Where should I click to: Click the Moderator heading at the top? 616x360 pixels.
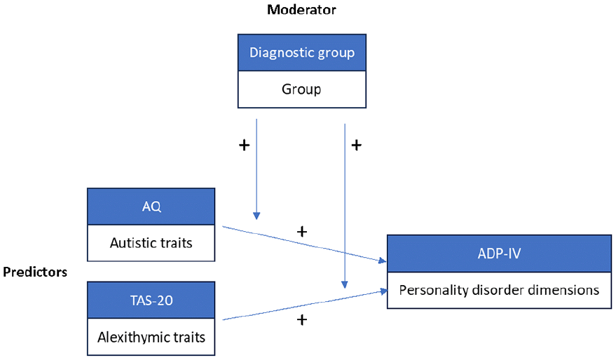[x=301, y=9]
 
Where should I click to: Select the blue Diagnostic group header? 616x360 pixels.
[x=302, y=53]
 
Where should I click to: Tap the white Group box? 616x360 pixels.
[x=302, y=90]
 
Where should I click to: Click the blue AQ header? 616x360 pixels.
[x=151, y=207]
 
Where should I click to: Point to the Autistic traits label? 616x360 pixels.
[x=151, y=243]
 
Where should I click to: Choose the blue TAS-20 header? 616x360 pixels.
[x=151, y=300]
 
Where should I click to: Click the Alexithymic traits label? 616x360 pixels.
[x=151, y=337]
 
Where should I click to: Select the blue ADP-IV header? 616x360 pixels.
[x=500, y=254]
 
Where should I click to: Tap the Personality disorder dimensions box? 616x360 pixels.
[x=500, y=290]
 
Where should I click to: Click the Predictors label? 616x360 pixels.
[x=35, y=272]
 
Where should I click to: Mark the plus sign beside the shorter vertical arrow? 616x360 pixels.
[x=245, y=145]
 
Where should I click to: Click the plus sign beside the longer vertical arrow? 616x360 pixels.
[x=356, y=145]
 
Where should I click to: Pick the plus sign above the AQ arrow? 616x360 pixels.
[x=302, y=232]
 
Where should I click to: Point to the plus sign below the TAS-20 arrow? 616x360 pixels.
[x=302, y=320]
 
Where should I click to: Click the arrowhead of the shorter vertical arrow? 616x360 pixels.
[x=256, y=216]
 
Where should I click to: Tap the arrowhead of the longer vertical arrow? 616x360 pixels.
[x=345, y=285]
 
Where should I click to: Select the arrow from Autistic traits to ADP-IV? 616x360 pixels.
[x=304, y=244]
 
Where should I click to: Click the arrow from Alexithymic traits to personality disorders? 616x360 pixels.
[x=305, y=305]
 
